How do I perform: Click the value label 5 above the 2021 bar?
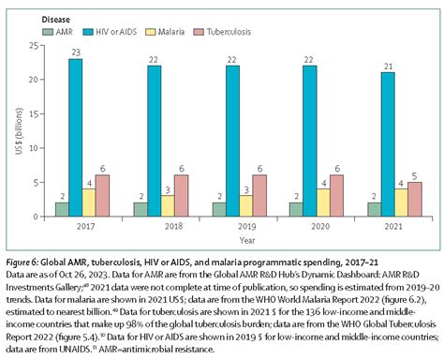tap(415, 175)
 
